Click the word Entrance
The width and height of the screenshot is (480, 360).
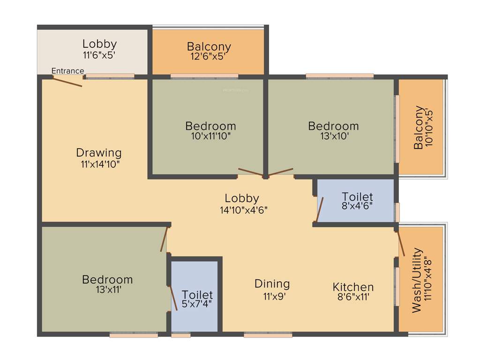coord(67,71)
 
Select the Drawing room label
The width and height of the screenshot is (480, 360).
coord(99,153)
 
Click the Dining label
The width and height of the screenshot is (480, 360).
coord(272,284)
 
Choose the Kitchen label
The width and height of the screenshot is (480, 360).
coord(353,287)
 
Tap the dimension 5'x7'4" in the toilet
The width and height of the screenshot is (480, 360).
coord(197,304)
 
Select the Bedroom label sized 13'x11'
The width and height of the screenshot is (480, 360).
coord(107,280)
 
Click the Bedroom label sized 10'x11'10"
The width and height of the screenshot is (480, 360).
coord(210,126)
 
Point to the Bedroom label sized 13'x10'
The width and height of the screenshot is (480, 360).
coord(333,126)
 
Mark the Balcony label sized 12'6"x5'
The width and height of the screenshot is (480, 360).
coord(209,47)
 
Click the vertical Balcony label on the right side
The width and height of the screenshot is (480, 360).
coord(418,128)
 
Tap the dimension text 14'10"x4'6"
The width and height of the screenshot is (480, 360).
coord(243,210)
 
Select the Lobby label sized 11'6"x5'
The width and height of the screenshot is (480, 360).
coord(99,44)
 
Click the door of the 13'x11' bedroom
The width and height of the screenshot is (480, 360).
coord(164,240)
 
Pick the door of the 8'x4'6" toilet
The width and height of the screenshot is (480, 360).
coord(320,210)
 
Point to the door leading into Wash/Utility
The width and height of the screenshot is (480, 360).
coord(401,243)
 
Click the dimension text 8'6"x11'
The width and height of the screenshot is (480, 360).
coord(353,296)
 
